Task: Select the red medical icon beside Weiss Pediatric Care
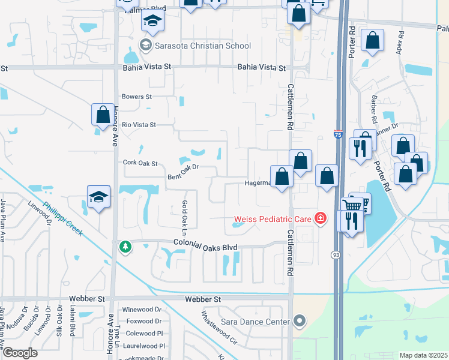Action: click(321, 218)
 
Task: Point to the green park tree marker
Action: click(125, 247)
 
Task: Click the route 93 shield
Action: click(336, 255)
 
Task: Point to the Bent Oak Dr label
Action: click(182, 173)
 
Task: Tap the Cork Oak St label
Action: click(139, 163)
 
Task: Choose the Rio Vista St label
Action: click(139, 125)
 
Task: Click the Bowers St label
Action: click(137, 97)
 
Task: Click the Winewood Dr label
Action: click(142, 310)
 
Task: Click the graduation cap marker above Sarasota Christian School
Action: click(152, 22)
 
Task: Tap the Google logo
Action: click(19, 352)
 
